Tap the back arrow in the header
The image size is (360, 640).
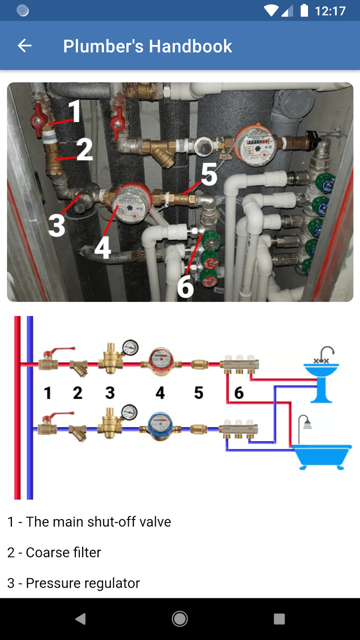click(x=24, y=46)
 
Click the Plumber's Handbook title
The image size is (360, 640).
click(x=148, y=46)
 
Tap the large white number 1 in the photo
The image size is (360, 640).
click(x=75, y=111)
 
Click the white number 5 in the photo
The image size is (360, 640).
click(x=209, y=175)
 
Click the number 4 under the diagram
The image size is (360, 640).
click(x=160, y=393)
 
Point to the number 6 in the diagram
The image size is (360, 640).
click(x=239, y=393)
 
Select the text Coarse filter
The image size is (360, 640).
click(x=63, y=553)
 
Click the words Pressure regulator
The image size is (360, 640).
click(x=83, y=583)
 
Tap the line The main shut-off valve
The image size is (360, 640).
click(x=89, y=522)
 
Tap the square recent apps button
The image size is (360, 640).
click(x=279, y=619)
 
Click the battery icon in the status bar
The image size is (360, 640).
click(x=304, y=11)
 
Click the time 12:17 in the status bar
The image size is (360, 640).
click(x=330, y=11)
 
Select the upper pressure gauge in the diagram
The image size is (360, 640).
click(x=130, y=348)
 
